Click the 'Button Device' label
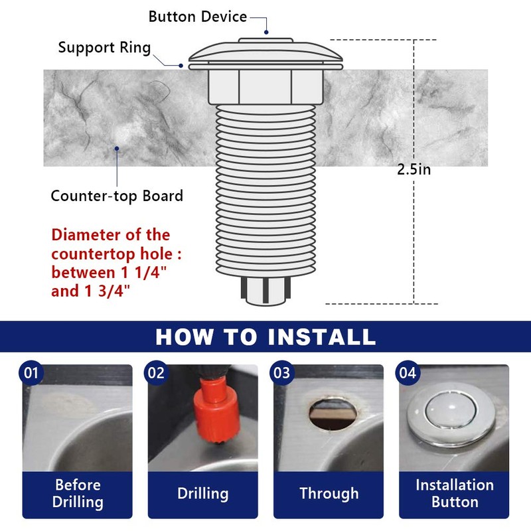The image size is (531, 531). coord(197,17)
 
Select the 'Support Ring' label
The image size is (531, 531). coord(104,48)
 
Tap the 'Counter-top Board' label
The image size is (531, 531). coord(117,196)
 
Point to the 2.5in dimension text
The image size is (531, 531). coord(414,169)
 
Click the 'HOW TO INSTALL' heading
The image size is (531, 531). coord(265,337)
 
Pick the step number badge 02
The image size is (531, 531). coord(156,373)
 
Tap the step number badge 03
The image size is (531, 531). coord(282,373)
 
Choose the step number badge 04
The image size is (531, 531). coord(407,373)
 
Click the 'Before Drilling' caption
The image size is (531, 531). coord(78,493)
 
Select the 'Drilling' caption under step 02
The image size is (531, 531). coord(202,494)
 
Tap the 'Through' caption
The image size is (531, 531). coord(329,494)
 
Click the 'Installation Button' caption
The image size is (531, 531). coord(454,493)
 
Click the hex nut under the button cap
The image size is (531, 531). coord(265,86)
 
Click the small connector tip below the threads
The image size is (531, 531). coord(265,292)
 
